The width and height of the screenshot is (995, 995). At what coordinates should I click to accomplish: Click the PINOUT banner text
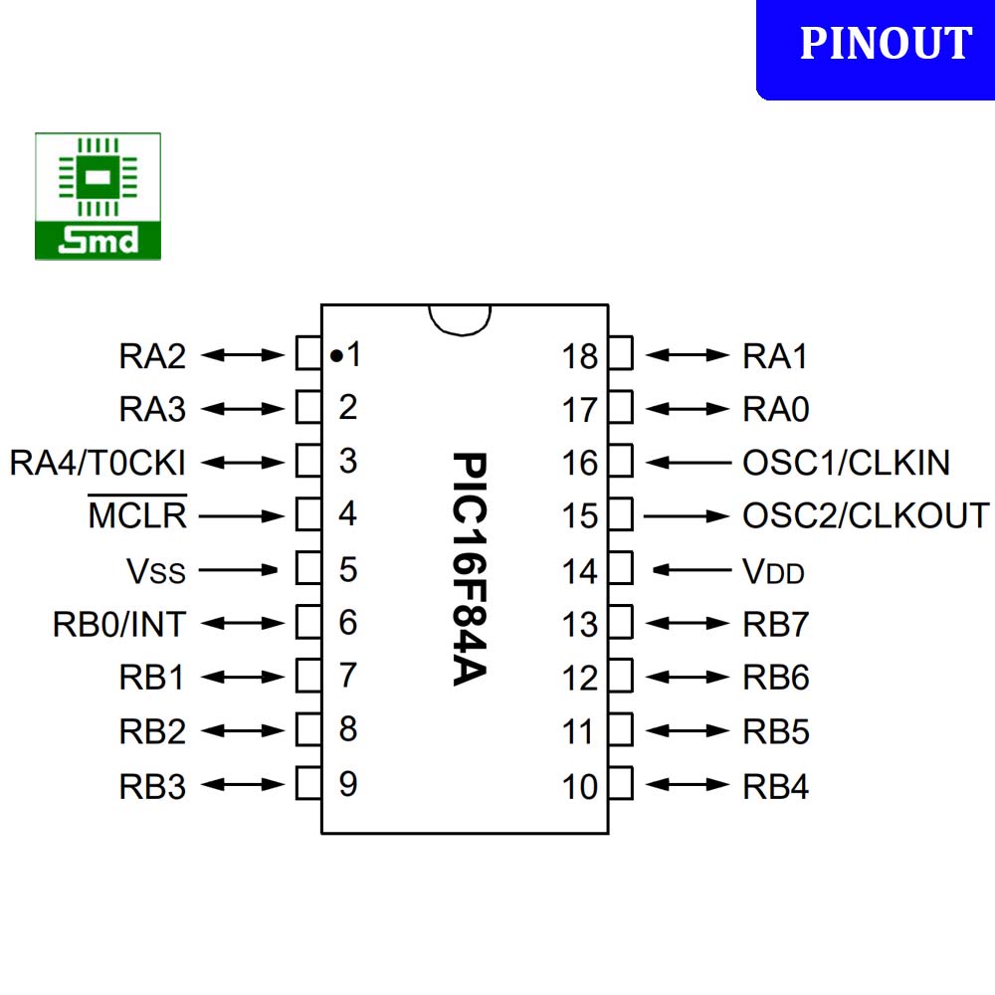point(886,44)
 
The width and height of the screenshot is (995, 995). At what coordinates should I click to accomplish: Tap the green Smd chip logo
point(98,197)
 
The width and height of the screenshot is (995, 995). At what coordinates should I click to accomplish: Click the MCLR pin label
point(137,515)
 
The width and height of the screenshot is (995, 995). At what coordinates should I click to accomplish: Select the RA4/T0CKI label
point(98,462)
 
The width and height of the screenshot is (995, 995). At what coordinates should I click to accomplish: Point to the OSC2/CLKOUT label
point(866,515)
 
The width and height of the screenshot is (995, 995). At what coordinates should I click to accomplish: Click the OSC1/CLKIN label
point(846,462)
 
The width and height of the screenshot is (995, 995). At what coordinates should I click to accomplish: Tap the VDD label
point(773,572)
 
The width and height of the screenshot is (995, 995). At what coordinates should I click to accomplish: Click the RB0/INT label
point(118,625)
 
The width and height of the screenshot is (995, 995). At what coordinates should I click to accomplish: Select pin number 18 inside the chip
point(579,356)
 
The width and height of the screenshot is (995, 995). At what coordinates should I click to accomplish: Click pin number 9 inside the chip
point(348,784)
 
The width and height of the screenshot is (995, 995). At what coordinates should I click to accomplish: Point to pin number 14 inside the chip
point(579,572)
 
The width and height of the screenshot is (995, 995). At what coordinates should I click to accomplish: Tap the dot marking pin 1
point(336,354)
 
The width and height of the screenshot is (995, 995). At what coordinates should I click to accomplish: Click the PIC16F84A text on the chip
point(468,569)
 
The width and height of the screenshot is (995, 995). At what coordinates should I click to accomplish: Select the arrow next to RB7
point(689,624)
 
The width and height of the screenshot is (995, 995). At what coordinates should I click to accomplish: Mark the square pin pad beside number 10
point(620,784)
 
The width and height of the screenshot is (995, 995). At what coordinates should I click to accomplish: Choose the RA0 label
point(775,408)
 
